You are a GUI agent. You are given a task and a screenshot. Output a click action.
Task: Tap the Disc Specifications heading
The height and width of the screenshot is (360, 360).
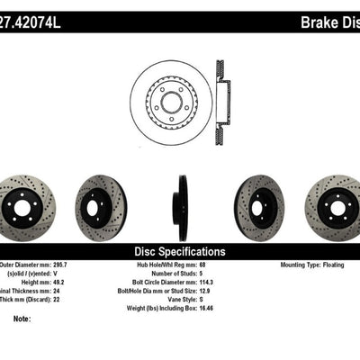pos(180,252)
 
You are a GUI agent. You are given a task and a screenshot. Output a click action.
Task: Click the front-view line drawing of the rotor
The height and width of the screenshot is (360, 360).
pos(169,94)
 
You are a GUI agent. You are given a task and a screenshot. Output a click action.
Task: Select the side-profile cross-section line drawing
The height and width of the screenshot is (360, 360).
pos(221,94)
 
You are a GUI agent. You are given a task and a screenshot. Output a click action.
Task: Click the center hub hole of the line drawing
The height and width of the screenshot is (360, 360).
pos(169,94)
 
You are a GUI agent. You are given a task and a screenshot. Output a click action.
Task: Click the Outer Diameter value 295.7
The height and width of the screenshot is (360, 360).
pos(81,265)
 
